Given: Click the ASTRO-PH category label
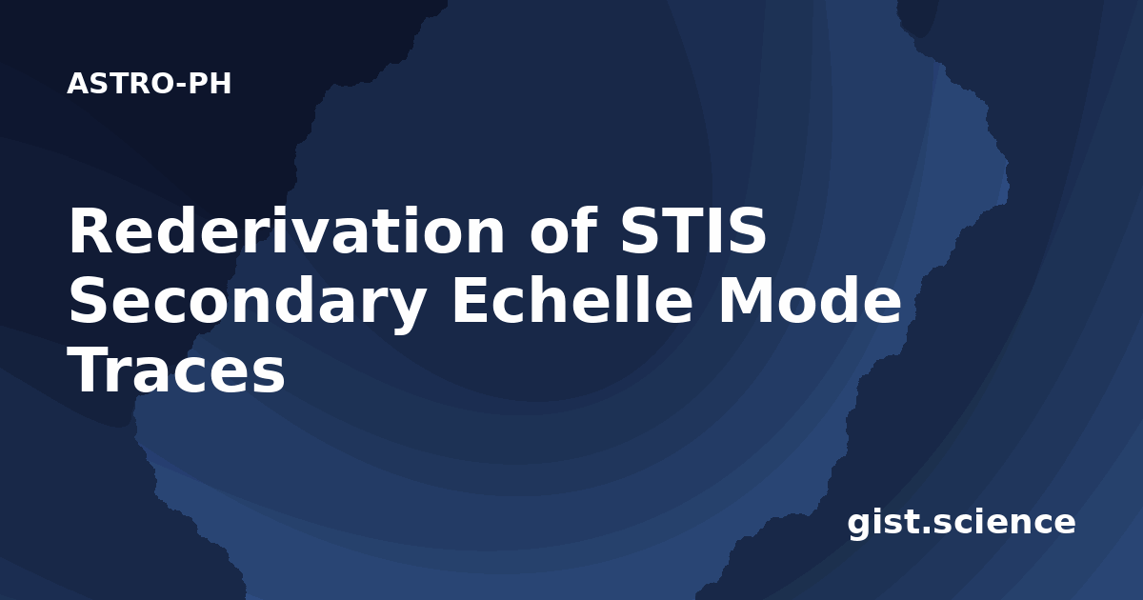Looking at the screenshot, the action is point(149,84).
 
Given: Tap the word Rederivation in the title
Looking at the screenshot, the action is point(287,230).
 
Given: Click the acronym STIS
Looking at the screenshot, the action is point(693,230).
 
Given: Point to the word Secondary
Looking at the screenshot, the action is point(248,305).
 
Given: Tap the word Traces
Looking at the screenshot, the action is point(176,369).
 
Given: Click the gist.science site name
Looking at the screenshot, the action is point(961,523).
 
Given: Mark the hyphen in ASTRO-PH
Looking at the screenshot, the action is point(181,86).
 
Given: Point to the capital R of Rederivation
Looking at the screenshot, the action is point(90,230).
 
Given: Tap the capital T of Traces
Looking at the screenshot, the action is point(90,369).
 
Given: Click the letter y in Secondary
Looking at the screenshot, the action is point(406,311).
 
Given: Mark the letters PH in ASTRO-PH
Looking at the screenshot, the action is point(210,84).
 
